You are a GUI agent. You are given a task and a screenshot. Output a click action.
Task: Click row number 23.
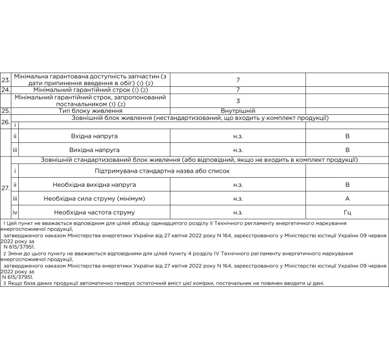click(x=6, y=80)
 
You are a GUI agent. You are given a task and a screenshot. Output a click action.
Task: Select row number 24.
click(x=6, y=90)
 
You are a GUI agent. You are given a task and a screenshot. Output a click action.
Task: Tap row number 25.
click(x=6, y=111)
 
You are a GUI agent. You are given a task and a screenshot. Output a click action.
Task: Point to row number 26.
click(x=6, y=122)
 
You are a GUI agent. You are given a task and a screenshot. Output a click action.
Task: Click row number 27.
click(x=6, y=187)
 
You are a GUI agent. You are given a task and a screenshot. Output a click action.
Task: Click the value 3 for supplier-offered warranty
click(x=237, y=101)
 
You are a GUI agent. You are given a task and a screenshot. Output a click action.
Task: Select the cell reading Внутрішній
click(x=237, y=111)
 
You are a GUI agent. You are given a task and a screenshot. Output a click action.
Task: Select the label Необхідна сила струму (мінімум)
click(x=94, y=198)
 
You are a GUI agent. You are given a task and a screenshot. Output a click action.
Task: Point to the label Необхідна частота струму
click(x=94, y=212)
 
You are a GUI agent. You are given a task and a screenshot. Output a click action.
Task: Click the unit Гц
click(x=347, y=212)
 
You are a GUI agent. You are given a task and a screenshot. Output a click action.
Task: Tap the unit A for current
click(x=347, y=198)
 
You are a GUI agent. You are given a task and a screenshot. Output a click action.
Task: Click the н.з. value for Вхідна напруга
click(x=237, y=137)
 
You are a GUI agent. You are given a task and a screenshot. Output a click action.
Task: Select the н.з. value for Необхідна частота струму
click(x=237, y=212)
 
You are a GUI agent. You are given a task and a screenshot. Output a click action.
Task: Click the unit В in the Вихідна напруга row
click(x=347, y=150)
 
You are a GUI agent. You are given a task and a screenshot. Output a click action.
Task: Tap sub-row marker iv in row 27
click(x=15, y=212)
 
